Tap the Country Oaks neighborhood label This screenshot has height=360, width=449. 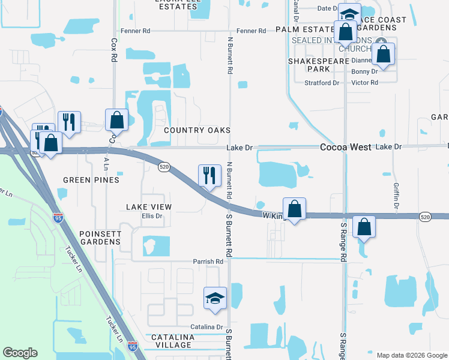pos(197,130)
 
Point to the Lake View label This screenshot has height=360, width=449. pos(149,206)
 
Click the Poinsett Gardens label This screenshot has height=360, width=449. pos(100,238)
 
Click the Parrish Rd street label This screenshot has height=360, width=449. pos(208,262)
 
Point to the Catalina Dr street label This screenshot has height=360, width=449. pos(207,326)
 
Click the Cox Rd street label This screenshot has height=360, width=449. pos(113,51)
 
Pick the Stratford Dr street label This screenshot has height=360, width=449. pos(322,83)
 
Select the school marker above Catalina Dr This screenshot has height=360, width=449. pos(215,299)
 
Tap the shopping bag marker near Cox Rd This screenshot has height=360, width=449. pos(116,120)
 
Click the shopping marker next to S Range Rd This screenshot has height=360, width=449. pos(364,227)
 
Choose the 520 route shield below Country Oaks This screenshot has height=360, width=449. pos(163,167)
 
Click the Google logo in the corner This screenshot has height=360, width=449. pos(20,353)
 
